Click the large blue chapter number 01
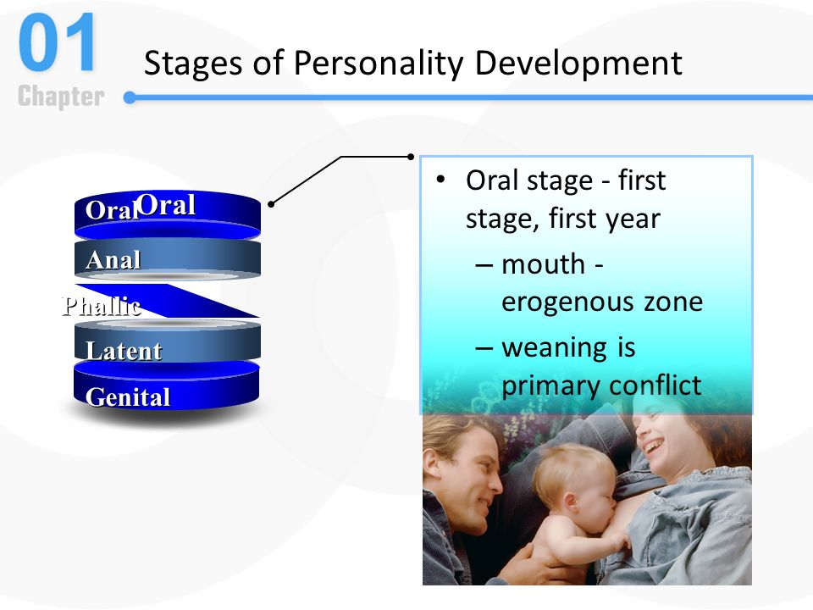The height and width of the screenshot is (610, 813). (57, 42)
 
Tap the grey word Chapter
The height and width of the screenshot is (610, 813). (61, 97)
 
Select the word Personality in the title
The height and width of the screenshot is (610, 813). (378, 64)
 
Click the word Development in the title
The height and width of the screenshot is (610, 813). (578, 64)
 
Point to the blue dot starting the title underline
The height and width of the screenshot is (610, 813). (130, 97)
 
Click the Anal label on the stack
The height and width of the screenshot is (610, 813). (113, 260)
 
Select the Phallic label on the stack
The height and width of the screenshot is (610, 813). (101, 306)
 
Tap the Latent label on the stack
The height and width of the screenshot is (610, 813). (124, 351)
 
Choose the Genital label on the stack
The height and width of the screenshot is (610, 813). (128, 397)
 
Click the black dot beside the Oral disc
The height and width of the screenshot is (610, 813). (271, 204)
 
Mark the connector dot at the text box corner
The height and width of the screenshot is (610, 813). (411, 157)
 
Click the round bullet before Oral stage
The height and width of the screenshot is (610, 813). (440, 180)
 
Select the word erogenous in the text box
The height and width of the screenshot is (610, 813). (567, 302)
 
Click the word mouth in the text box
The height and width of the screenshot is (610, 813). (544, 264)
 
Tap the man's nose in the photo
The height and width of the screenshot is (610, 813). (495, 485)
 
